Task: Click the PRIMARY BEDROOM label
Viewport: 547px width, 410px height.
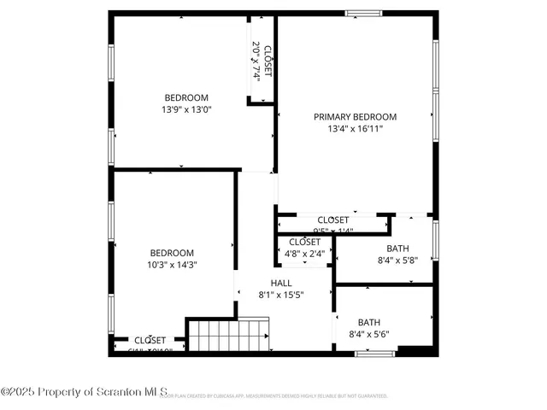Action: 355,117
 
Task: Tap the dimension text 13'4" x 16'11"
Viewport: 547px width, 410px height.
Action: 355,130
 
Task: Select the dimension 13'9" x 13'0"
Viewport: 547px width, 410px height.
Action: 185,109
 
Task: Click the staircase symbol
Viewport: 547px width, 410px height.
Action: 228,334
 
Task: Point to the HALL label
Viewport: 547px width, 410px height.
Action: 281,283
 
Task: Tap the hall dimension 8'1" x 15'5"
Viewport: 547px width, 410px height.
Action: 281,295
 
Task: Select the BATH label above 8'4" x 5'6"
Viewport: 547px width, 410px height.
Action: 369,322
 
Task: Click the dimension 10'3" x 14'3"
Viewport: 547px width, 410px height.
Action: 172,265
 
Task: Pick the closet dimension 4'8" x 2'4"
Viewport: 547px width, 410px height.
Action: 303,253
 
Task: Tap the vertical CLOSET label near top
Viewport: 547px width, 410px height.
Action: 268,61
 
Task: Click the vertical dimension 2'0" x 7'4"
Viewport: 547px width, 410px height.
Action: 255,61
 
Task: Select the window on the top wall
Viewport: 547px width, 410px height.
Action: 363,13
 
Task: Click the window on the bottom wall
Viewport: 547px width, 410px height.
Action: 368,353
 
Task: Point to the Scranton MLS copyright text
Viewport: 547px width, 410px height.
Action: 85,392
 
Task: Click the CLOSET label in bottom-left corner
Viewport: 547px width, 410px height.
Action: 150,340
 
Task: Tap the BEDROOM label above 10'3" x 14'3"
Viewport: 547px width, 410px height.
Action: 172,253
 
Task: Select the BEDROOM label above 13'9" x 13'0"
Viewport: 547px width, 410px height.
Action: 185,97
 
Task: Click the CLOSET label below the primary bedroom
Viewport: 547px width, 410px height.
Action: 332,220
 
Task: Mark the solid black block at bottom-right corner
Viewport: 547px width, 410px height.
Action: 417,349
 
